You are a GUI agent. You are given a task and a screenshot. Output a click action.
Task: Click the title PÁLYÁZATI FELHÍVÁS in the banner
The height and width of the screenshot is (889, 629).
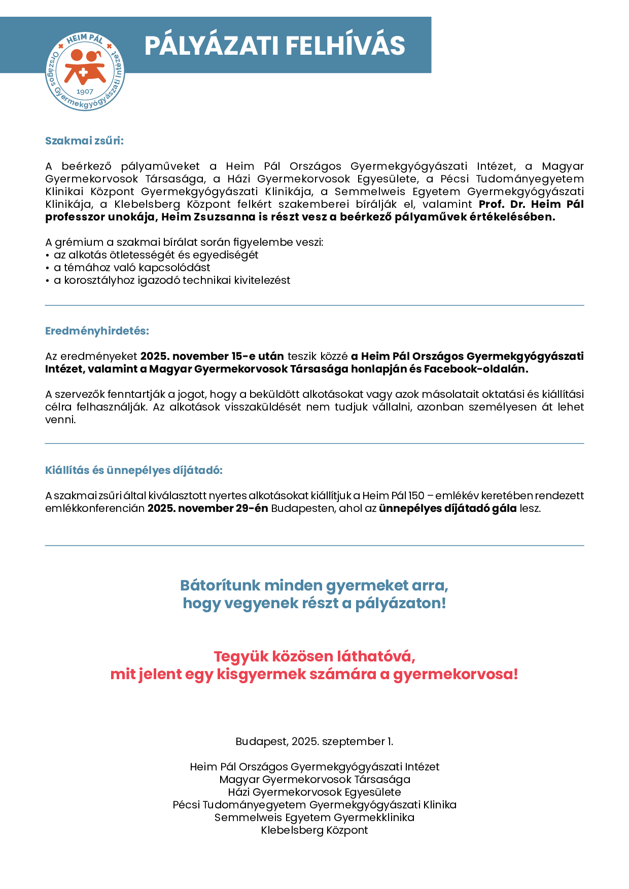point(274,46)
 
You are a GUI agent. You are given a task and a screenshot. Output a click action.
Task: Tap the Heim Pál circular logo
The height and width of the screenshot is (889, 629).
point(85,71)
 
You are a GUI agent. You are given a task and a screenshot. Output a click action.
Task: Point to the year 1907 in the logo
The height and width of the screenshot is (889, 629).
point(85,92)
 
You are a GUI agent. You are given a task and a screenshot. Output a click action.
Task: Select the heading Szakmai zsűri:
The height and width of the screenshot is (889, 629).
point(84,141)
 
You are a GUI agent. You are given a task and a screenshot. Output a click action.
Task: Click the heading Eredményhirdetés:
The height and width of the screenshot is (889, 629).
point(97,331)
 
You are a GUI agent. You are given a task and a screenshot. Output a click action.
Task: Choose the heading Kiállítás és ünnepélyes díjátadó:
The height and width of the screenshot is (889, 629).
point(134,470)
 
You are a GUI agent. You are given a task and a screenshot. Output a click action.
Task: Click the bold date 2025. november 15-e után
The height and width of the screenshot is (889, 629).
point(212,356)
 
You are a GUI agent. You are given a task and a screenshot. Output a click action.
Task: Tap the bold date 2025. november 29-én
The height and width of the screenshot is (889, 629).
point(207,508)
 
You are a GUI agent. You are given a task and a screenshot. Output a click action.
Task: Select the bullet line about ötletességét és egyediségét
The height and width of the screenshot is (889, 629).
point(156,255)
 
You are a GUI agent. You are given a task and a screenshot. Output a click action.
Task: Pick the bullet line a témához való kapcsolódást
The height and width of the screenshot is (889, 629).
point(132,268)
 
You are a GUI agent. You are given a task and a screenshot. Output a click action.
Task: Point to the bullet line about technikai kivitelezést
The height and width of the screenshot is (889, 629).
point(172,280)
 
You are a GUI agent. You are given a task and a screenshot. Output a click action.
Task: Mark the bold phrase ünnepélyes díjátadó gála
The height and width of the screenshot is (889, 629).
point(447,508)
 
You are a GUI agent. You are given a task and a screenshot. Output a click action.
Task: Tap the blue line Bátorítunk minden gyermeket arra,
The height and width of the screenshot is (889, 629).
point(314,585)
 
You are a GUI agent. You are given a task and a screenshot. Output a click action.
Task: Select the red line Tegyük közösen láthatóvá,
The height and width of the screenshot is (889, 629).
point(314,656)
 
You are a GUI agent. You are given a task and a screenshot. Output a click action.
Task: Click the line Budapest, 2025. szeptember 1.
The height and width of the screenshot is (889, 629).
point(314,742)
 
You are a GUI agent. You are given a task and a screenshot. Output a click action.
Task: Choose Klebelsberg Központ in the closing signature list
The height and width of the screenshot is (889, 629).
point(314,830)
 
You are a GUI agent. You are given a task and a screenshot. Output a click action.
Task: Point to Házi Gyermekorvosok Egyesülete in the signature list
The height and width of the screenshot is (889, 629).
point(314,792)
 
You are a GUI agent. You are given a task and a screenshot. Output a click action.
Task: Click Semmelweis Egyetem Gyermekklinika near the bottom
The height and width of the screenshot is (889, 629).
point(314,818)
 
